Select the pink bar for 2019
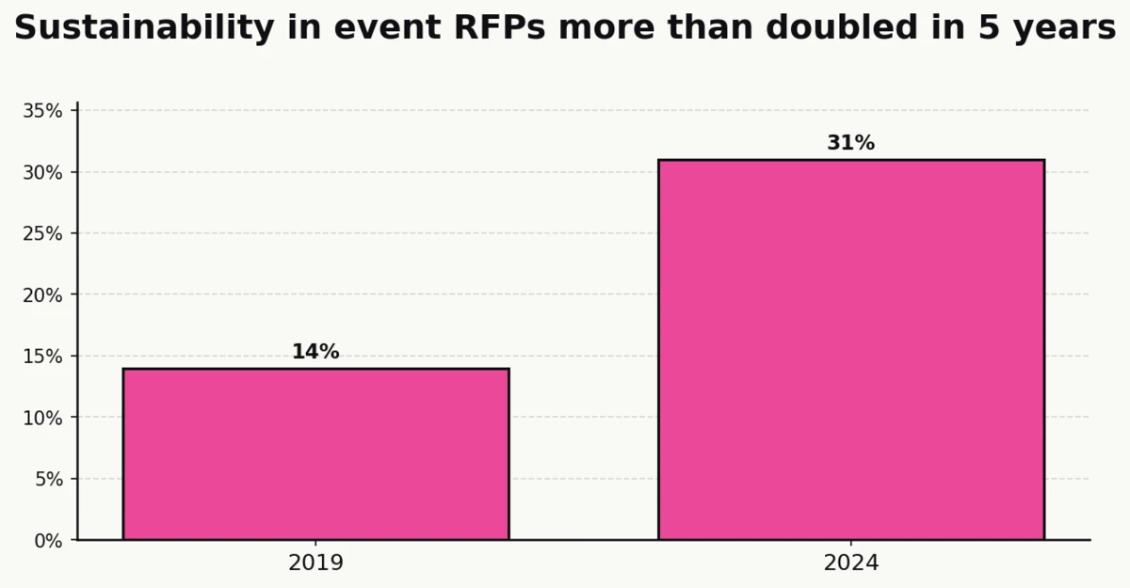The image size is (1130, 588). click(x=315, y=454)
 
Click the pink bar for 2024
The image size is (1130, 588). click(x=850, y=350)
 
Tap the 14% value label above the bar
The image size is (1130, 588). click(x=315, y=352)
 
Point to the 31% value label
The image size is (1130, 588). click(x=850, y=143)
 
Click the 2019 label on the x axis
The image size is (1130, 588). click(x=315, y=564)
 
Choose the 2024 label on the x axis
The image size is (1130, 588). click(x=850, y=564)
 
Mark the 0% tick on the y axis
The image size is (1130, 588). click(x=48, y=541)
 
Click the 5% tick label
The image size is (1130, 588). click(x=48, y=479)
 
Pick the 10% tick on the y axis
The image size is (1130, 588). click(x=43, y=418)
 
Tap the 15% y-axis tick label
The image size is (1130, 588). click(x=43, y=357)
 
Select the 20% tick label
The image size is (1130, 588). click(x=43, y=295)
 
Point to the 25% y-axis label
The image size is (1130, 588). click(x=43, y=233)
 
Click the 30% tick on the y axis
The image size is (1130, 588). click(x=43, y=172)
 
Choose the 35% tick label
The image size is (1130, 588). click(x=43, y=111)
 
